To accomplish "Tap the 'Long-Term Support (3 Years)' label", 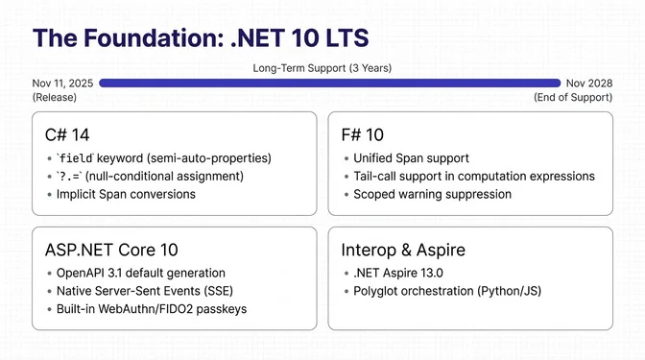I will pos(322,68).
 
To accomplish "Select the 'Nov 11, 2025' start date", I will pos(63,84).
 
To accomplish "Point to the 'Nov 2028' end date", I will pos(588,84).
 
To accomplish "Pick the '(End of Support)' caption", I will pos(572,97).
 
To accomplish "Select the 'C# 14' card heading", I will pos(67,133).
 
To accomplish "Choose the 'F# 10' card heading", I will pos(363,133).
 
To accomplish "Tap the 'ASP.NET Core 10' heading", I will pos(111,250).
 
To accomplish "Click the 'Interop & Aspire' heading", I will pos(403,250).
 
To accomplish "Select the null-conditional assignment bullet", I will pos(150,176).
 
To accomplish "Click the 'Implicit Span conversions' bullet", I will pos(126,194).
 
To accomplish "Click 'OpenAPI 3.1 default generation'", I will pos(141,273).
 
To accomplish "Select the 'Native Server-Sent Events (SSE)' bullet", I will pos(144,291).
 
